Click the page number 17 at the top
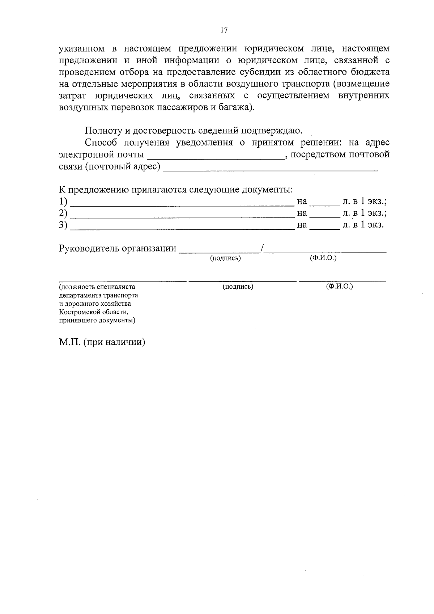(224, 30)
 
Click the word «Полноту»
(101, 131)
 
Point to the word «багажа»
(235, 107)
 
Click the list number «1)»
(63, 201)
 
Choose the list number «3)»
(63, 225)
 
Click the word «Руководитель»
(89, 249)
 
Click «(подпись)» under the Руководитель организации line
(225, 258)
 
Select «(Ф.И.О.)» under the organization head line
(323, 258)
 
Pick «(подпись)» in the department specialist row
(238, 287)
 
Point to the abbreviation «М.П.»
(70, 342)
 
